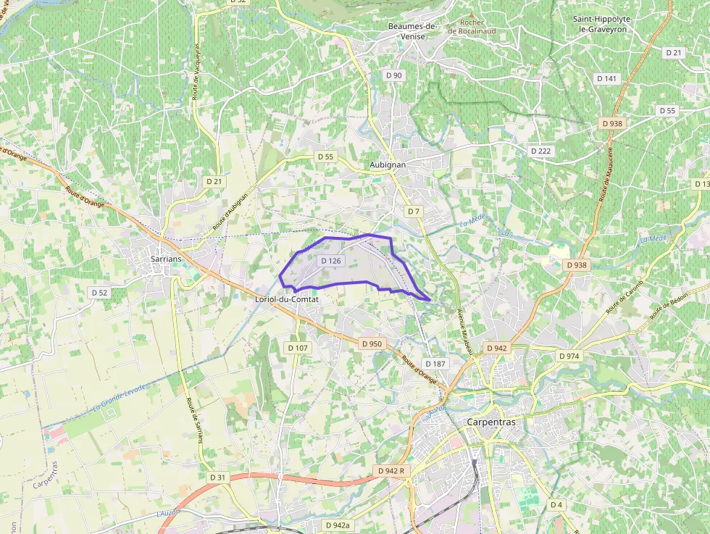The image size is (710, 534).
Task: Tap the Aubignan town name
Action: [x=388, y=164]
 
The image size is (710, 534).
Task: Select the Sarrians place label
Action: [x=166, y=258]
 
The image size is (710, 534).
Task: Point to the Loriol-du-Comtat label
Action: [x=287, y=299]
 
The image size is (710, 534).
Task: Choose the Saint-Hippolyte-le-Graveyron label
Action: [x=600, y=24]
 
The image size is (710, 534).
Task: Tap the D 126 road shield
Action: [x=330, y=261]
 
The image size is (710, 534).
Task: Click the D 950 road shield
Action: [x=371, y=343]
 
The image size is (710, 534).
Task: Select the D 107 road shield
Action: [x=298, y=348]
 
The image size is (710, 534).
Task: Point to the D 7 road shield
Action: [x=413, y=211]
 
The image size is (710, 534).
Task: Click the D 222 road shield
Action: [x=540, y=151]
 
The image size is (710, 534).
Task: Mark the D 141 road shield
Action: [x=607, y=78]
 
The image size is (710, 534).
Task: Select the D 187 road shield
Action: [x=435, y=363]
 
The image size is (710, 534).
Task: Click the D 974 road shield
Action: [x=569, y=356]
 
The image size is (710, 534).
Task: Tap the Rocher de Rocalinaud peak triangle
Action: [x=472, y=14]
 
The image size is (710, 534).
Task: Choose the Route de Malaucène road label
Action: [x=606, y=173]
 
